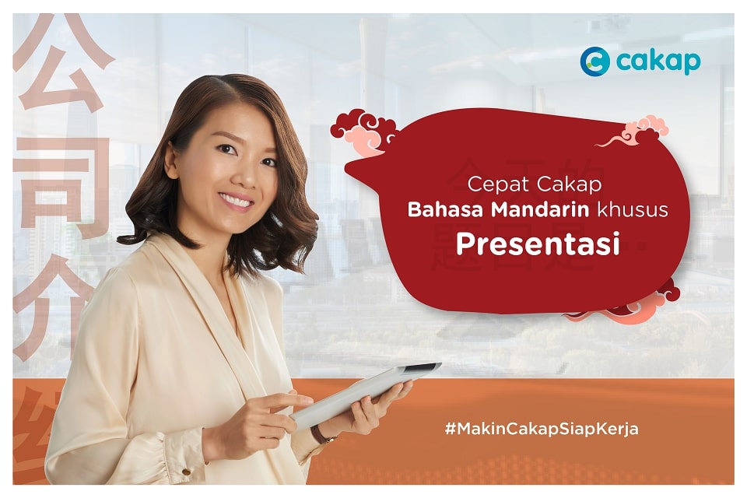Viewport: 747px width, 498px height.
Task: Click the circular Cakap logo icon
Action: click(594, 61)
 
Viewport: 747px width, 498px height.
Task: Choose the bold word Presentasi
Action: click(538, 244)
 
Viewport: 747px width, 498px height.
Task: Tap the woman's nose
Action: click(239, 175)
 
